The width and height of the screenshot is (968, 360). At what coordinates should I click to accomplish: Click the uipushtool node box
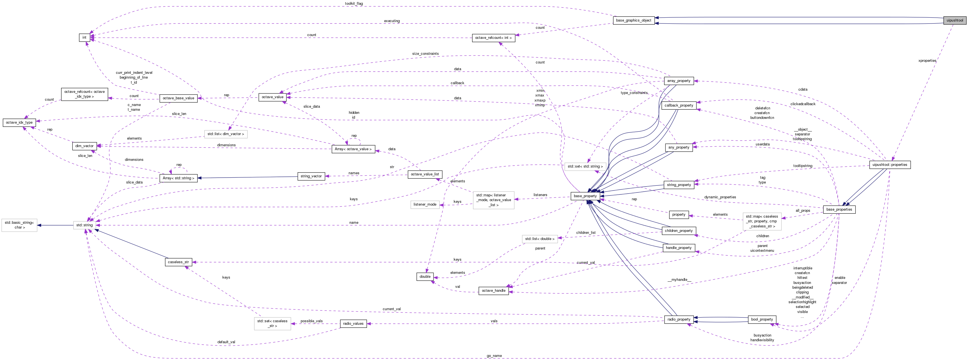(x=955, y=20)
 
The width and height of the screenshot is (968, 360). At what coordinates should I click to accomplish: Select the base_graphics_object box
(x=633, y=20)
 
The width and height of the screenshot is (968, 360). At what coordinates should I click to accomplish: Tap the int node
(x=84, y=37)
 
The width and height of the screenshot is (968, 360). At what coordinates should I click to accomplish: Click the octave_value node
(x=272, y=97)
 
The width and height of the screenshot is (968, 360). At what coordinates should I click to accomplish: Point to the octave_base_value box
(x=178, y=98)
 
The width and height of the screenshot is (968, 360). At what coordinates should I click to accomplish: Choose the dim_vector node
(x=84, y=146)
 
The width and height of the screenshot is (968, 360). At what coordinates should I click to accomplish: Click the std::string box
(x=84, y=225)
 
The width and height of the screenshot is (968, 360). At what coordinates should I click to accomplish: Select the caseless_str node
(x=178, y=262)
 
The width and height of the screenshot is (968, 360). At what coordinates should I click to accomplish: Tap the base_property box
(x=585, y=196)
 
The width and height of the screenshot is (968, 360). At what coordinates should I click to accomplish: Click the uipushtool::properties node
(x=889, y=164)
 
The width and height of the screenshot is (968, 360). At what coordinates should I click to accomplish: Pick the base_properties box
(x=839, y=209)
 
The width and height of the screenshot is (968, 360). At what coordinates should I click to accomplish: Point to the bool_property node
(x=762, y=319)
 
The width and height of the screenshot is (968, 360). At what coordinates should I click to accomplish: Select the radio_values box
(x=353, y=324)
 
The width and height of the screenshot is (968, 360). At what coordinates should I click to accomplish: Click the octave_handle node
(x=493, y=290)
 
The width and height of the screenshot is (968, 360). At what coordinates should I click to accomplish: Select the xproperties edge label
(x=927, y=60)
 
